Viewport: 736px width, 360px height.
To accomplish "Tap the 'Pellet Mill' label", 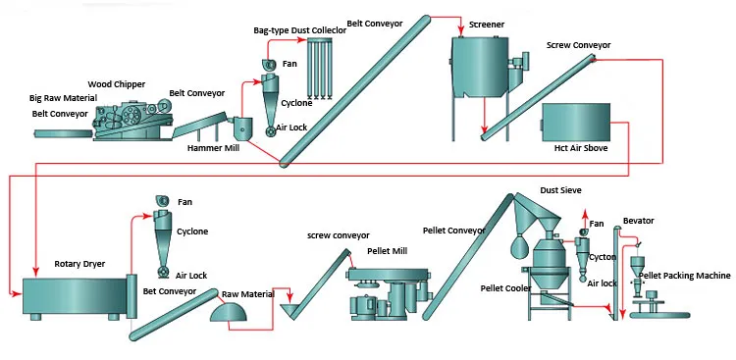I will [387, 251].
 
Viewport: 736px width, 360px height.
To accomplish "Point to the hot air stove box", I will [579, 123].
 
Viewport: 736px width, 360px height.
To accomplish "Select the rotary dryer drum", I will [69, 296].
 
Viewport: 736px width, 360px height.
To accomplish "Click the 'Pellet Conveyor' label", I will [454, 231].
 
